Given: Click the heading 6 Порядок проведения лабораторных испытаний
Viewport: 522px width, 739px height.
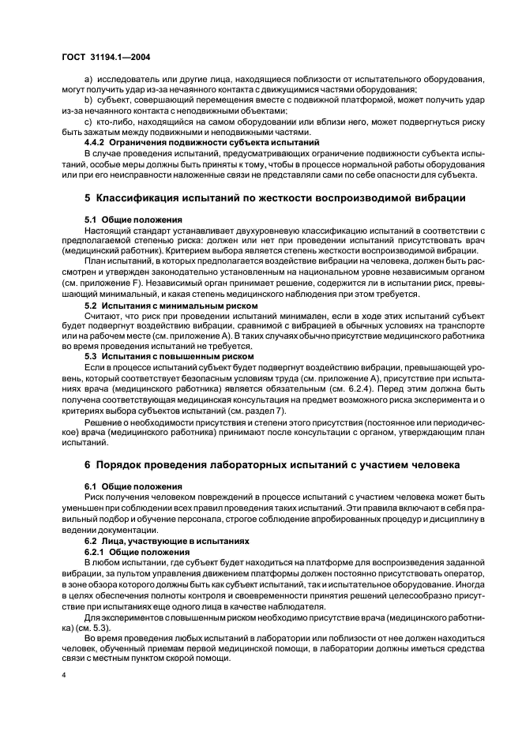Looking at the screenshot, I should coord(272,464).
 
